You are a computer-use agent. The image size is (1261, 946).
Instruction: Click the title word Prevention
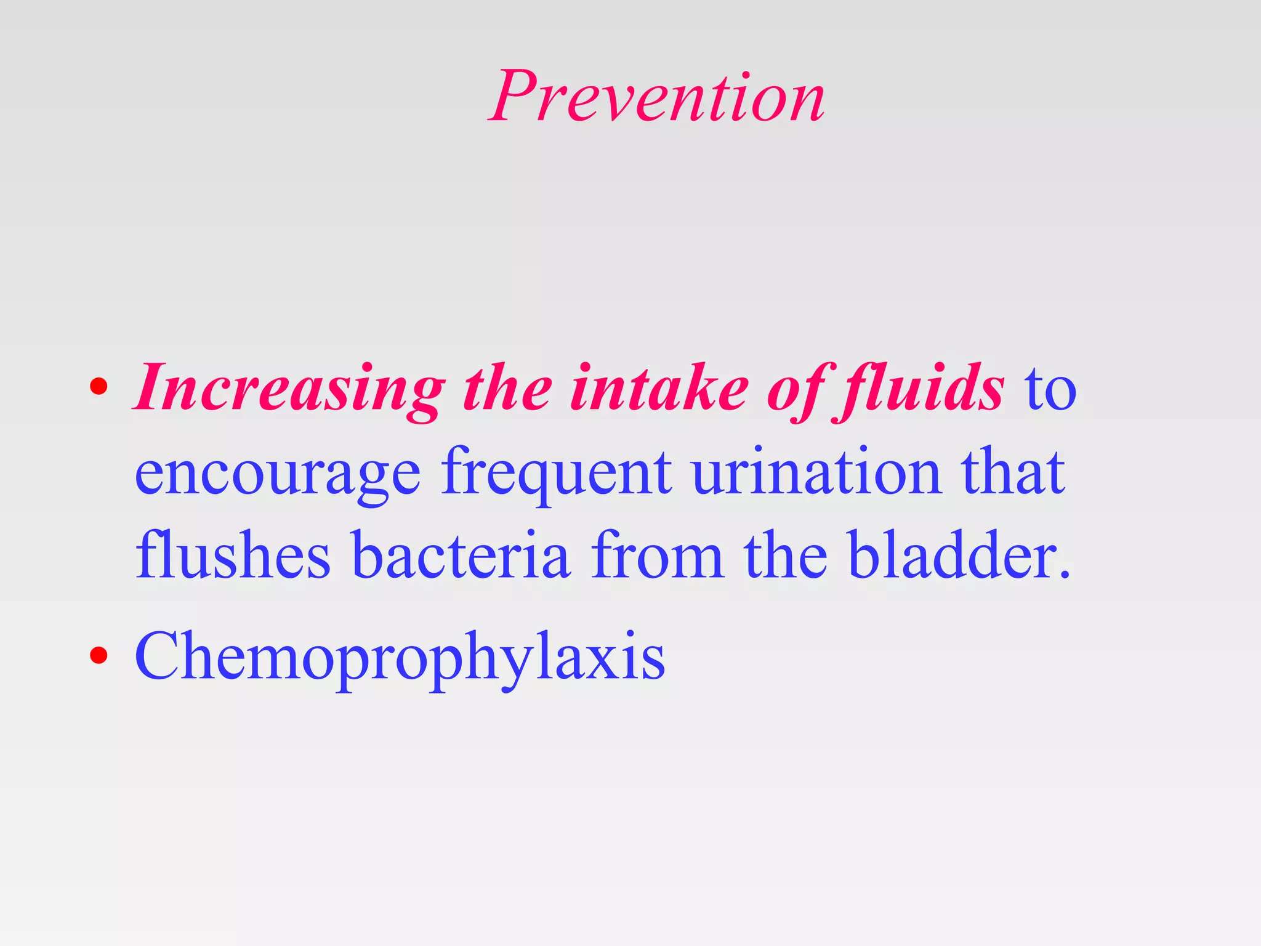656,97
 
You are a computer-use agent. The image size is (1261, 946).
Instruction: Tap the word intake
659,389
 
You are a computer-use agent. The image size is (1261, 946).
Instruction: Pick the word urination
816,473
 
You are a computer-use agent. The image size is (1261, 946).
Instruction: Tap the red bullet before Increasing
99,387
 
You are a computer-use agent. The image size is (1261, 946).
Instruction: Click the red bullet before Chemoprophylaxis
99,655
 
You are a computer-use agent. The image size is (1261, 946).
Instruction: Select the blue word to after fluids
1050,392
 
